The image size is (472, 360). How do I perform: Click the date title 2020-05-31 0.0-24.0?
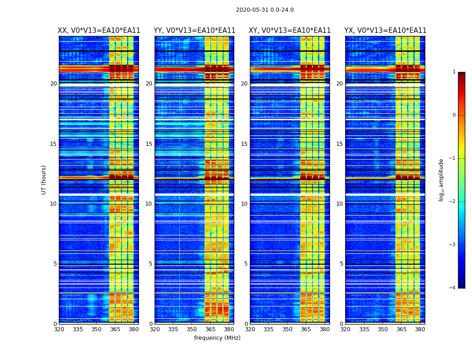(265, 10)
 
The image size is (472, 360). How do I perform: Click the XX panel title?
(99, 31)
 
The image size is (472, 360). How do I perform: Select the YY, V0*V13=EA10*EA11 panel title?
(194, 31)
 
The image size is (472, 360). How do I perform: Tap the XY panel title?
(290, 31)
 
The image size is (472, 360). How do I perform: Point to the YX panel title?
(385, 31)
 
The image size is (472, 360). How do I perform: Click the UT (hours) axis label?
(44, 180)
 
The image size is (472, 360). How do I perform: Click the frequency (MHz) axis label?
(217, 338)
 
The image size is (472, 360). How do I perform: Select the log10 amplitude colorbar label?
(441, 180)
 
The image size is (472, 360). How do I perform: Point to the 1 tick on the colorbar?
(454, 72)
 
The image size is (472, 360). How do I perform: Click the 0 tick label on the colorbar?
(454, 115)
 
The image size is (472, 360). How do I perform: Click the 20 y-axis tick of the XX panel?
(53, 84)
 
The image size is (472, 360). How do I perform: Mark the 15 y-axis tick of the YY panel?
(149, 144)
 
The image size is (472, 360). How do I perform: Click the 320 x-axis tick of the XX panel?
(59, 329)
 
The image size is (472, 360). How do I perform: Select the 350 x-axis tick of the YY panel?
(192, 329)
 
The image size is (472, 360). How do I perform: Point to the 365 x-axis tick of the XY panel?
(306, 329)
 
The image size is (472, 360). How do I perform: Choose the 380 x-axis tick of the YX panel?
(420, 329)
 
